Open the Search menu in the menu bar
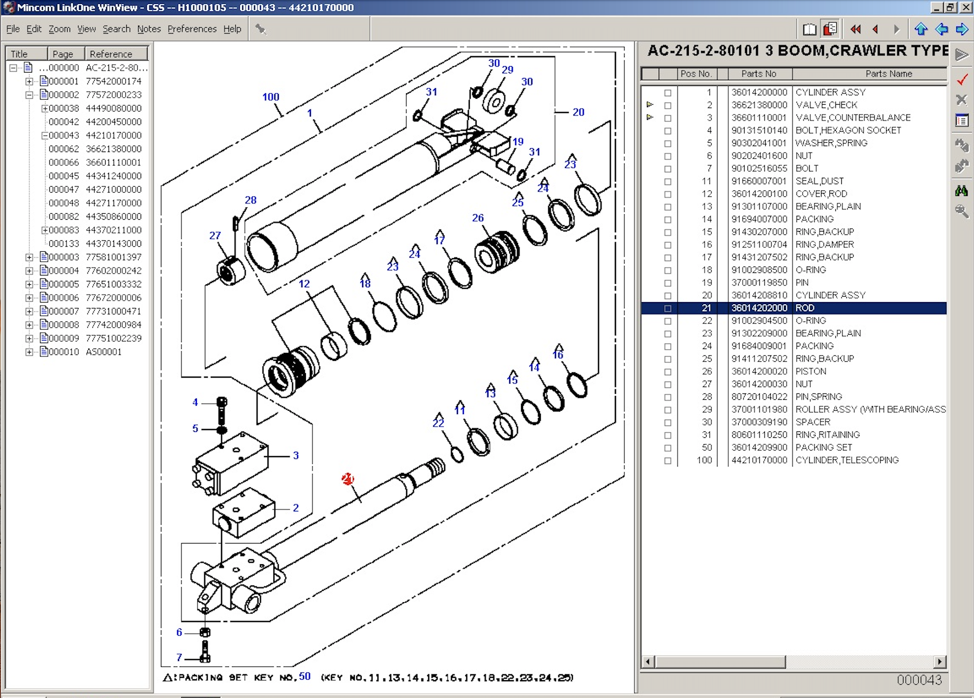click(116, 29)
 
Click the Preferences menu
click(191, 29)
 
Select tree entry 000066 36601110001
click(95, 162)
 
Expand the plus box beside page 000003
click(29, 257)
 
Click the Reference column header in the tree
click(111, 54)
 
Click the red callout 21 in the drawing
click(347, 479)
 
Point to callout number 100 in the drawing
click(270, 97)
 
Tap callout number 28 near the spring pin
click(251, 200)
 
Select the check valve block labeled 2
click(245, 513)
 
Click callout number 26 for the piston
click(478, 218)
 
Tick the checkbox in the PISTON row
click(668, 372)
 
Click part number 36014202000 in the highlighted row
click(759, 308)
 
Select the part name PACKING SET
click(824, 447)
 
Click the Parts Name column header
click(888, 74)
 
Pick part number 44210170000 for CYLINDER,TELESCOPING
click(759, 460)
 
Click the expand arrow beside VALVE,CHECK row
click(650, 105)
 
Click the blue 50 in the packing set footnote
click(304, 676)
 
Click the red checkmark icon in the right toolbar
click(962, 79)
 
